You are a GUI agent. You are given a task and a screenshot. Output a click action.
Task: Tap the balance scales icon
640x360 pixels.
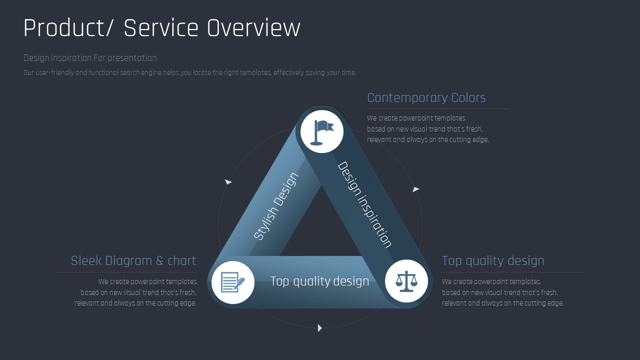click(x=406, y=281)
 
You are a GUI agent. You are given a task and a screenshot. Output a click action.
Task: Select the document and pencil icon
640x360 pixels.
click(x=233, y=282)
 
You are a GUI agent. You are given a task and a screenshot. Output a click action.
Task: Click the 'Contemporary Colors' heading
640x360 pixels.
click(x=426, y=97)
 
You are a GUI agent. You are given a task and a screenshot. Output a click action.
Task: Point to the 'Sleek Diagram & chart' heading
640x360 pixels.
click(x=133, y=260)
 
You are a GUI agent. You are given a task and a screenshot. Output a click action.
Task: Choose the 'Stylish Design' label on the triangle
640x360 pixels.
click(x=276, y=206)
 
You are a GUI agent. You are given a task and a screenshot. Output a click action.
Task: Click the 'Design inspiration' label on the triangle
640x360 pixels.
click(x=365, y=204)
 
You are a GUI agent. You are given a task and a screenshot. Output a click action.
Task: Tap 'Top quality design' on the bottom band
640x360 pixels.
click(x=319, y=281)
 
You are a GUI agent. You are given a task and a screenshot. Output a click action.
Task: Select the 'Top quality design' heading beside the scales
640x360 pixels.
click(x=493, y=260)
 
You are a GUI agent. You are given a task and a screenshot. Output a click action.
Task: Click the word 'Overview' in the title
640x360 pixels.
click(x=253, y=27)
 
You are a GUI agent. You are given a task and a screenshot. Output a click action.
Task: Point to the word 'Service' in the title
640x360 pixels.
click(x=161, y=27)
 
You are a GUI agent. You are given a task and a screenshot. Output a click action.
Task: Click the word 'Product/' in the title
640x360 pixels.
click(x=68, y=27)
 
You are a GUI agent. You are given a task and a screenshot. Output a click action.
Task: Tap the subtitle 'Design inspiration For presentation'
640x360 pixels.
click(x=90, y=58)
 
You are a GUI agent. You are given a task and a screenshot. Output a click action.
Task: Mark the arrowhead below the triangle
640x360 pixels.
click(x=319, y=328)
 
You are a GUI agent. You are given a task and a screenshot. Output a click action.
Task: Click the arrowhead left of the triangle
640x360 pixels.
click(x=228, y=181)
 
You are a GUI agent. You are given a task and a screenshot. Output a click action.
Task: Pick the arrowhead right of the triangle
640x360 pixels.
click(x=416, y=189)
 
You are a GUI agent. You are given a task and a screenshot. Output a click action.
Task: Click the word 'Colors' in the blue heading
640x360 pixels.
click(x=468, y=97)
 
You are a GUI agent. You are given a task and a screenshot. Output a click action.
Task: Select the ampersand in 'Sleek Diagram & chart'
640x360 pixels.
click(x=159, y=261)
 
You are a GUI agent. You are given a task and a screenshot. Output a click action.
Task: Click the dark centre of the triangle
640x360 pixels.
click(x=321, y=228)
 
